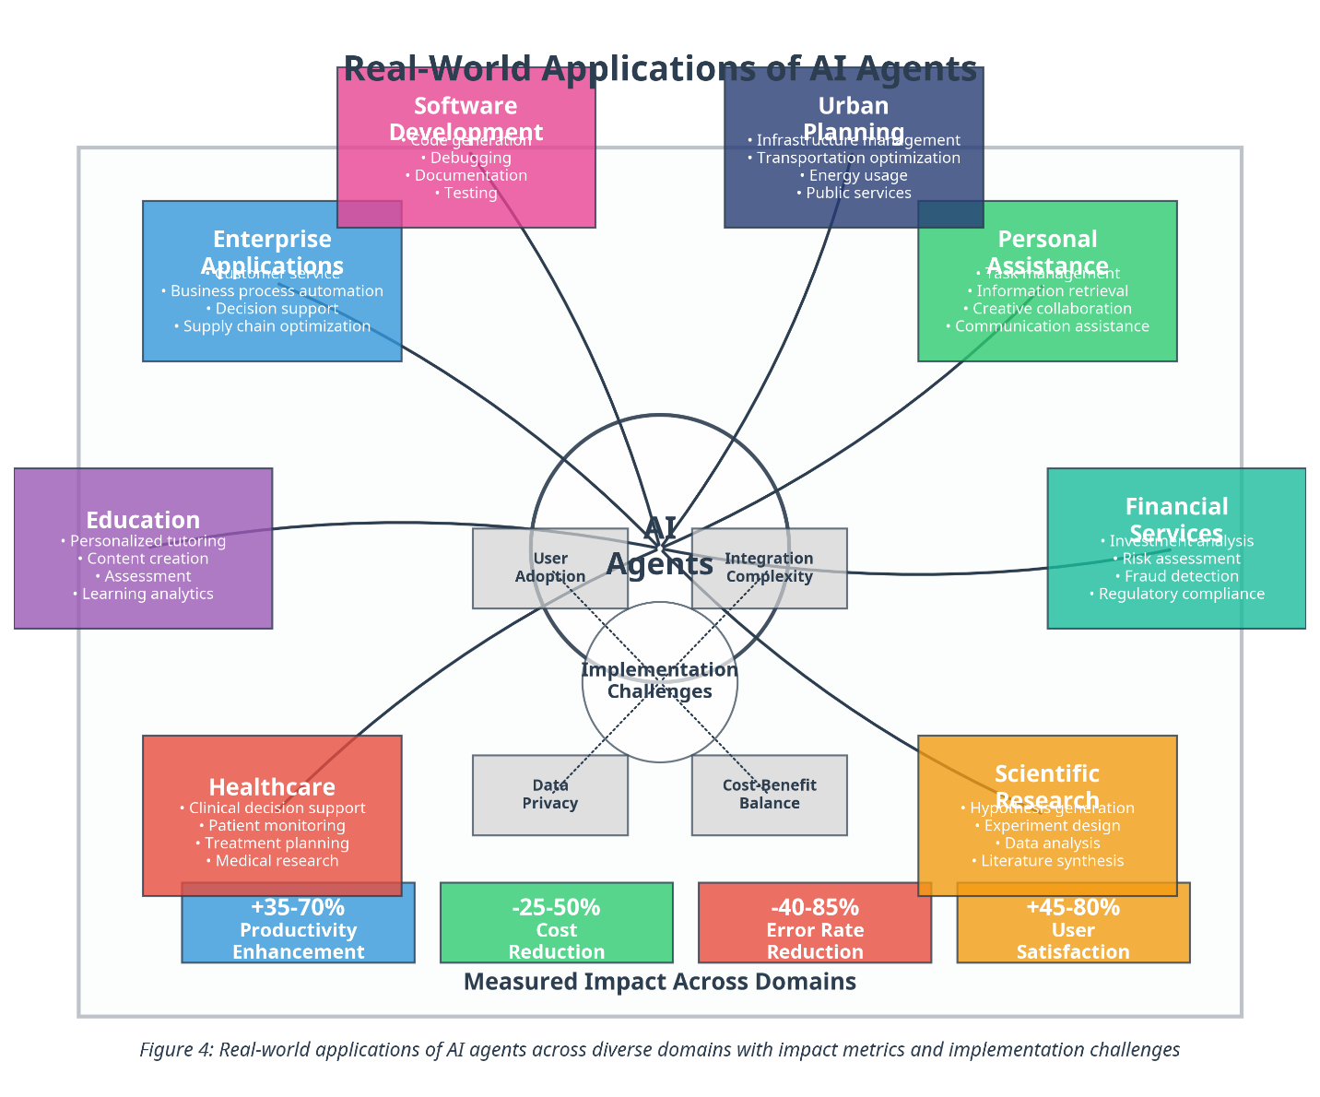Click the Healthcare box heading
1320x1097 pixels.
click(272, 786)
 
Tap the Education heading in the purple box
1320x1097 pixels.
click(143, 520)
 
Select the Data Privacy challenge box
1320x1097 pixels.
click(550, 795)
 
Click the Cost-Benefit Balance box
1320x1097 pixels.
click(769, 795)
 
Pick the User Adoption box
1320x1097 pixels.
click(550, 568)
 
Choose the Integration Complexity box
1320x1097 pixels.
click(769, 568)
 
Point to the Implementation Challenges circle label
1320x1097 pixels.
click(660, 680)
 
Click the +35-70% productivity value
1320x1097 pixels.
click(298, 907)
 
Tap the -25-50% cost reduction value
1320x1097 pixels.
click(556, 907)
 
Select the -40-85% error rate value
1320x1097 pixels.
click(815, 907)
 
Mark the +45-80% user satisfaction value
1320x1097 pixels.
click(1073, 907)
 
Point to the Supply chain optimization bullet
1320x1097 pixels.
click(272, 326)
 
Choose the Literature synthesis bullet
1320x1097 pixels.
click(1047, 861)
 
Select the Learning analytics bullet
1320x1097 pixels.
click(143, 594)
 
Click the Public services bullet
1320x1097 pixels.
click(854, 193)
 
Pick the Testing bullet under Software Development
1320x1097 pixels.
click(466, 193)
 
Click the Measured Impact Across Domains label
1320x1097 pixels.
click(660, 982)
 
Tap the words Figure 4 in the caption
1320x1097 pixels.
click(176, 1049)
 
